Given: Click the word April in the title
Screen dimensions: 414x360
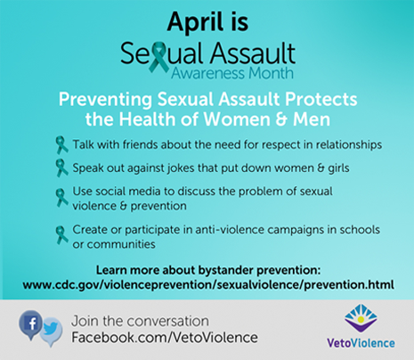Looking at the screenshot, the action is (194, 22).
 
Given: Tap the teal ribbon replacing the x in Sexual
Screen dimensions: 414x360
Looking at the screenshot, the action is (158, 57).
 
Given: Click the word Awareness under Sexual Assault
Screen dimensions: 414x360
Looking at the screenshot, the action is (208, 73).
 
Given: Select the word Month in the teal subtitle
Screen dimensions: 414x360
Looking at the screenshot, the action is (271, 73).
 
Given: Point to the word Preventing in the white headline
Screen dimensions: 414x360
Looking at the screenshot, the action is (105, 100).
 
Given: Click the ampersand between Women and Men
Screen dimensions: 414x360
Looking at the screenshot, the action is (281, 119).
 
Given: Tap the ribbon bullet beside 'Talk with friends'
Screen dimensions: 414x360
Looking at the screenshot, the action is (61, 145).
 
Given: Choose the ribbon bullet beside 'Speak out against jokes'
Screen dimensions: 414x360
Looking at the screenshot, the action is (61, 168).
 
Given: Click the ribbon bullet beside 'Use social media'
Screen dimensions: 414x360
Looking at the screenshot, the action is (61, 198).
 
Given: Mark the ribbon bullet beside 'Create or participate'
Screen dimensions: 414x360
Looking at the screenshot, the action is (61, 235).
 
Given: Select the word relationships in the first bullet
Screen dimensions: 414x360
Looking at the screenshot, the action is (349, 145).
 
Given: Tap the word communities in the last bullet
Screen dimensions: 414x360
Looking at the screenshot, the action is (121, 244).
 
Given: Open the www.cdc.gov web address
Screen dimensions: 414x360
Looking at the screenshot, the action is (208, 284).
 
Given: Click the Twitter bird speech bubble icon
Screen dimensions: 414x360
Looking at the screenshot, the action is (51, 331).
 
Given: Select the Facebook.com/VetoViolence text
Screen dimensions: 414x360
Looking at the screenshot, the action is (165, 338).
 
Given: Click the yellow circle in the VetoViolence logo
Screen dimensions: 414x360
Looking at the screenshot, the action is (361, 320).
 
